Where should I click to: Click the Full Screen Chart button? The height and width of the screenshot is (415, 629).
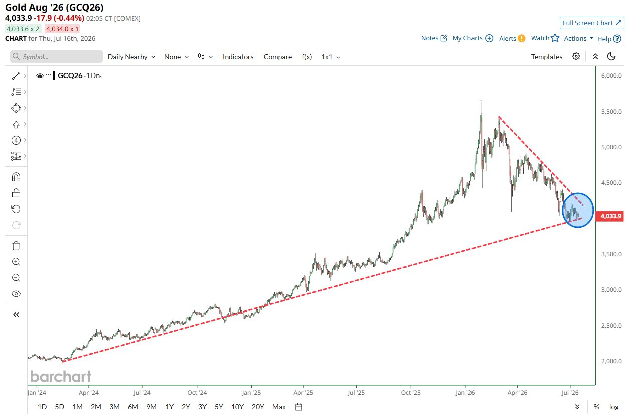(x=592, y=23)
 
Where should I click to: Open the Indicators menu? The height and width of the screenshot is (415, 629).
(x=238, y=57)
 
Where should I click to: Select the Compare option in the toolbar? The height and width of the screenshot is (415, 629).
(x=278, y=57)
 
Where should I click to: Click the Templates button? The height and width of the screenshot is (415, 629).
(x=546, y=57)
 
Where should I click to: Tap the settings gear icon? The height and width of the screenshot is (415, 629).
(x=576, y=57)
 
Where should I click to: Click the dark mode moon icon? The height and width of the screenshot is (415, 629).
(x=611, y=57)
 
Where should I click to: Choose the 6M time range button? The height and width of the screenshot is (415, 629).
(x=133, y=407)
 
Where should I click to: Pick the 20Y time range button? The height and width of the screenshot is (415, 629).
(x=258, y=407)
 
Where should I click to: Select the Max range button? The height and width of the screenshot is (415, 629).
(x=279, y=407)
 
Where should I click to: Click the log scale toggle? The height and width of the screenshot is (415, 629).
(x=614, y=407)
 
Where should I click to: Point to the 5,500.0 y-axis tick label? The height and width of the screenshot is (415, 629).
(x=611, y=112)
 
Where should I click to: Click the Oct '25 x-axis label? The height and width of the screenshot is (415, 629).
(x=411, y=393)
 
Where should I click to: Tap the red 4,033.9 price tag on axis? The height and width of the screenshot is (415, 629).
(x=609, y=216)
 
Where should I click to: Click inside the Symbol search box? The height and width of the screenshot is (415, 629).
(x=57, y=57)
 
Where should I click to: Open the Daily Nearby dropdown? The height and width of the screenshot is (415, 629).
(x=131, y=57)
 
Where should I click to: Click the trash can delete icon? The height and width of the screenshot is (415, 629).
(x=16, y=246)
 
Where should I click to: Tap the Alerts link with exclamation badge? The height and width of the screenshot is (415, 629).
(x=512, y=38)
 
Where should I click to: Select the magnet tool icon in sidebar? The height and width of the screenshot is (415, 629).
(x=16, y=177)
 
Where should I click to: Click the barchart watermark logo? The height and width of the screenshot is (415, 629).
(x=61, y=376)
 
